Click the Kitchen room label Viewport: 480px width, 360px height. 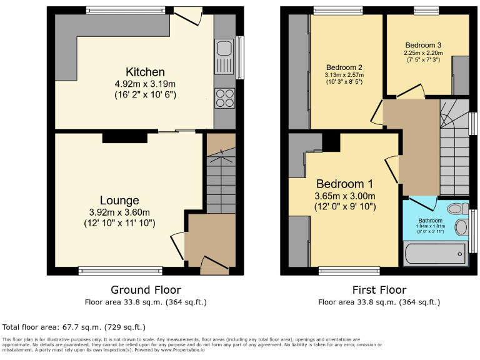tap(145, 72)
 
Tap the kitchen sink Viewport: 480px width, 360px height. tap(223, 56)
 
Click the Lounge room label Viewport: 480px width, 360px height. tap(119, 201)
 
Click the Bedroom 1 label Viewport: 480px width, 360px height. tap(344, 184)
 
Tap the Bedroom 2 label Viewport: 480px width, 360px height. tap(344, 67)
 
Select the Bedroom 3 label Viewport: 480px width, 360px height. tap(423, 45)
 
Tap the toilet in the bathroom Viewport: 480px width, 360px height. tap(459, 208)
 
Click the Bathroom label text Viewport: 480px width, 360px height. tap(430, 221)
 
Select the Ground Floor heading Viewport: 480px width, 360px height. tap(146, 290)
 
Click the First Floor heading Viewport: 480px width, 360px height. tap(379, 290)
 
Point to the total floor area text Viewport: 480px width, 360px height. tap(74, 327)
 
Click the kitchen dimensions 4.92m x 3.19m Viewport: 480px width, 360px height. tap(145, 84)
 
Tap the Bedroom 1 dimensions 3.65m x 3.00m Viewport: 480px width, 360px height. tap(344, 196)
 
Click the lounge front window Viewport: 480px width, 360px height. tap(121, 271)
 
